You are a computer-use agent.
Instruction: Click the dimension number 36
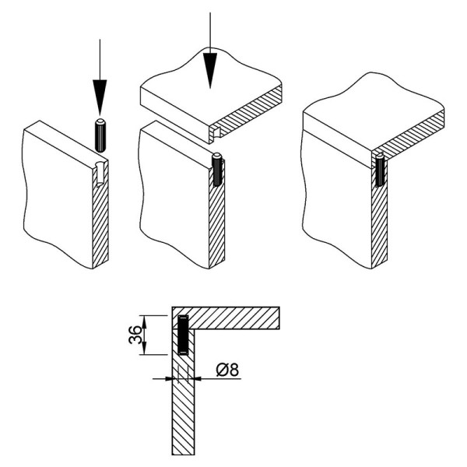pyautogui.click(x=135, y=335)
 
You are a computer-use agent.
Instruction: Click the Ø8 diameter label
pyautogui.click(x=227, y=370)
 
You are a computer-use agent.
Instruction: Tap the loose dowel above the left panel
pyautogui.click(x=100, y=135)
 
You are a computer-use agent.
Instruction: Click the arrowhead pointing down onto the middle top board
pyautogui.click(x=210, y=71)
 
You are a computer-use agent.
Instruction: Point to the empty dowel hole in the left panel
pyautogui.click(x=100, y=174)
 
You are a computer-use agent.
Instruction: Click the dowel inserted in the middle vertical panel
pyautogui.click(x=217, y=170)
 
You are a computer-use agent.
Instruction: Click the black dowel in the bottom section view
pyautogui.click(x=183, y=335)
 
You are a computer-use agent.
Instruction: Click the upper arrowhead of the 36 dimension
pyautogui.click(x=144, y=321)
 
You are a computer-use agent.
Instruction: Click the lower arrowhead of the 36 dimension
pyautogui.click(x=144, y=349)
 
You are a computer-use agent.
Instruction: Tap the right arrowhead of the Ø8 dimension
pyautogui.click(x=198, y=379)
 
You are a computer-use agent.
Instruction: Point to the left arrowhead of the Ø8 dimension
pyautogui.click(x=169, y=379)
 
